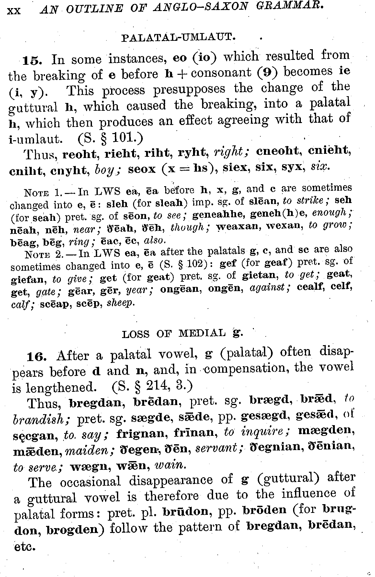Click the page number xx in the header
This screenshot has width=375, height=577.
click(14, 11)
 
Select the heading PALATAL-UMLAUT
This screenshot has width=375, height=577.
click(178, 37)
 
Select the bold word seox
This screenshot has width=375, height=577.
click(142, 169)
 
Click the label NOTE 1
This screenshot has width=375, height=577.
click(42, 193)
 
